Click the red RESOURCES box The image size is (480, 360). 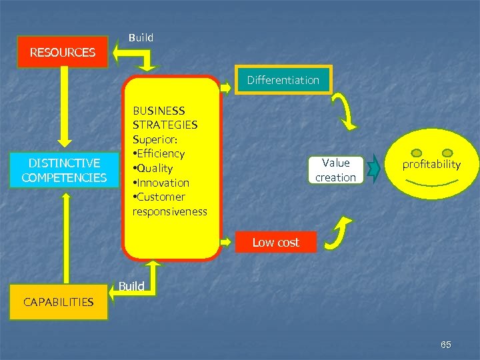pyautogui.click(x=63, y=52)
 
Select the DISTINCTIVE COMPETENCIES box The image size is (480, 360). pyautogui.click(x=64, y=170)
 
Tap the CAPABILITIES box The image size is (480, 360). pyautogui.click(x=59, y=302)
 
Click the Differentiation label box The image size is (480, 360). pyautogui.click(x=283, y=80)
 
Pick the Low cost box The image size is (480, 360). pyautogui.click(x=275, y=243)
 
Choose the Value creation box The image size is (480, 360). pyautogui.click(x=335, y=170)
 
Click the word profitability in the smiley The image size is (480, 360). pyautogui.click(x=431, y=164)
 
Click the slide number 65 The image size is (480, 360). pyautogui.click(x=446, y=345)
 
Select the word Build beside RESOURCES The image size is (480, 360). pyautogui.click(x=141, y=38)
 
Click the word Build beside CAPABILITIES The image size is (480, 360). pyautogui.click(x=131, y=286)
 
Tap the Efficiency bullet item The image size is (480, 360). pyautogui.click(x=159, y=153)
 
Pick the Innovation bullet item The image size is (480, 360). pyautogui.click(x=162, y=183)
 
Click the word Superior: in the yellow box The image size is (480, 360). pyautogui.click(x=154, y=139)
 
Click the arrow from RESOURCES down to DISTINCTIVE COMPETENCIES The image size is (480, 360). pyautogui.click(x=65, y=107)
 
